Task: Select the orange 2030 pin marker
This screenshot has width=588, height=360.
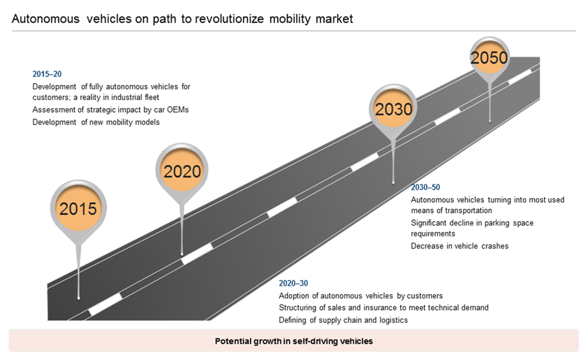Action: pos(393,109)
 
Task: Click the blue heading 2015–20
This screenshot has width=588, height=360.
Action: pos(47,74)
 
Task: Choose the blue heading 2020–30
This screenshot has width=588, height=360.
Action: pos(293,283)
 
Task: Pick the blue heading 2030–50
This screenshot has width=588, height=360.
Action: pos(425,187)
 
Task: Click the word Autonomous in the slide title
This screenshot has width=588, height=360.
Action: pos(46,19)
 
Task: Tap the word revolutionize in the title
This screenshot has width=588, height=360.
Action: pos(229,19)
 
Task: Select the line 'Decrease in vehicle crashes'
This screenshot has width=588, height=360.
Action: pos(459,246)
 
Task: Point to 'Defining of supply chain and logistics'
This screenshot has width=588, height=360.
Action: pos(343,320)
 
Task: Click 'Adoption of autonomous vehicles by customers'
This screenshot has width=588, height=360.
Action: pos(361,296)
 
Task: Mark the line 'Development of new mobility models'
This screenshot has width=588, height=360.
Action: pos(96,122)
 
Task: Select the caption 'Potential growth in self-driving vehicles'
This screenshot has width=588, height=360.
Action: pos(294,341)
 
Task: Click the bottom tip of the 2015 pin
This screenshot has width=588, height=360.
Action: pos(78,298)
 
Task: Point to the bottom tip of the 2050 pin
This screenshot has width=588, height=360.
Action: pos(490,121)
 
